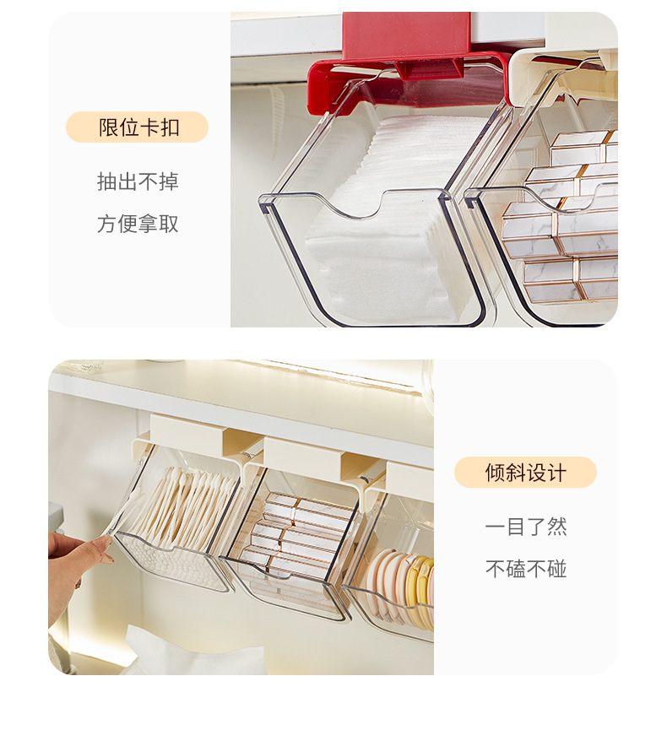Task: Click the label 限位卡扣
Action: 138,127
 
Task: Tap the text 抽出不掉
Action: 138,181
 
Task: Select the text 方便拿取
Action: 138,224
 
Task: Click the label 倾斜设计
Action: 526,472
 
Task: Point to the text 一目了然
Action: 526,527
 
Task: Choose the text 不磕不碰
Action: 526,569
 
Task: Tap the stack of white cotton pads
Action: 388,218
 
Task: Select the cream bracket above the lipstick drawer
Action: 302,452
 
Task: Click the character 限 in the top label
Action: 108,127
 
